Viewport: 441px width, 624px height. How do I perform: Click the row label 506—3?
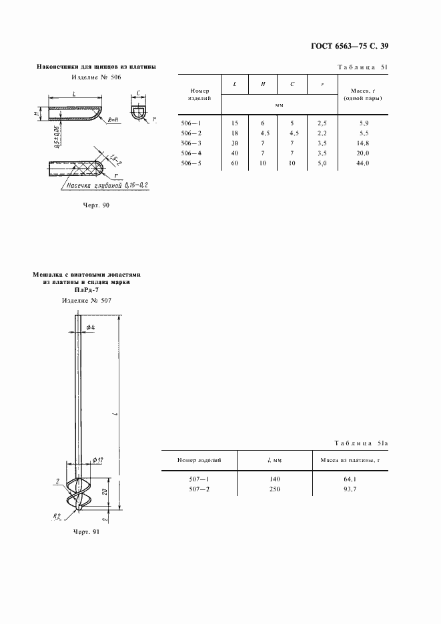click(191, 142)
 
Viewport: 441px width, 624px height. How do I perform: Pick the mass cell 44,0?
click(363, 162)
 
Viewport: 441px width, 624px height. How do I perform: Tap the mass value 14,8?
click(363, 142)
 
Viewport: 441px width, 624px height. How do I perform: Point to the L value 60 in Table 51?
click(234, 162)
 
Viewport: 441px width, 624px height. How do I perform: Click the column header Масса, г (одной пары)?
click(363, 94)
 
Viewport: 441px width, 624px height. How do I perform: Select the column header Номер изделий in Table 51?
click(199, 94)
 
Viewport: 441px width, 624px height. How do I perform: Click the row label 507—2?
click(199, 489)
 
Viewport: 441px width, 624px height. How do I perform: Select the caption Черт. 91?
click(85, 532)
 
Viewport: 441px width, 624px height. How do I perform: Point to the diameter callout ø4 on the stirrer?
click(90, 327)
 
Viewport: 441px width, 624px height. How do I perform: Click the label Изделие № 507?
click(86, 300)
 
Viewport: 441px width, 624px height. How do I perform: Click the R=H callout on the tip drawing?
click(112, 119)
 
